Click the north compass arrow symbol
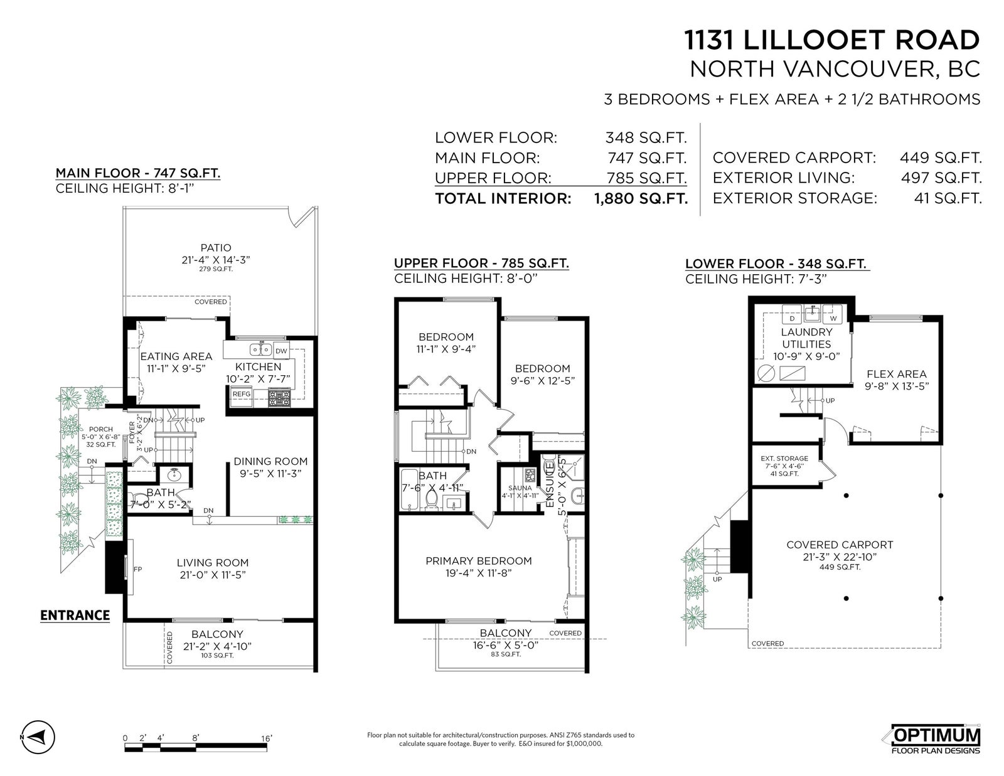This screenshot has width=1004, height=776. tap(38, 737)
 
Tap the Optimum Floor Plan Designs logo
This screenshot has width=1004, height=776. tap(935, 739)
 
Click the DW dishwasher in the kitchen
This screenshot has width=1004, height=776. tap(281, 351)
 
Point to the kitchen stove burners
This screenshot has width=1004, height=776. tap(279, 398)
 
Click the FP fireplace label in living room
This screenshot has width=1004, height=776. tap(137, 569)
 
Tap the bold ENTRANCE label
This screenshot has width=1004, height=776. tap(75, 615)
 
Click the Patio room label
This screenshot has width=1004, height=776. tap(216, 248)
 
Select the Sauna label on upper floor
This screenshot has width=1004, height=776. tap(520, 488)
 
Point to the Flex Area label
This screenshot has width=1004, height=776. tap(896, 374)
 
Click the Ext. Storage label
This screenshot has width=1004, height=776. tap(784, 458)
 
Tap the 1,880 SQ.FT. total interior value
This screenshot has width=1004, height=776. tap(641, 199)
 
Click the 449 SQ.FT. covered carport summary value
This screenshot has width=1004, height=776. tap(941, 158)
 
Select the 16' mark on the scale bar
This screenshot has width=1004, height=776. tap(266, 738)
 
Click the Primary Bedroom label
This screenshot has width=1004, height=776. tap(479, 561)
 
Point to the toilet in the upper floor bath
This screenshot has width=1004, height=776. tap(432, 499)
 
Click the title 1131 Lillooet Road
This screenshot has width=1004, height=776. tap(831, 40)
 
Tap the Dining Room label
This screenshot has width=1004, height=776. tap(270, 462)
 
